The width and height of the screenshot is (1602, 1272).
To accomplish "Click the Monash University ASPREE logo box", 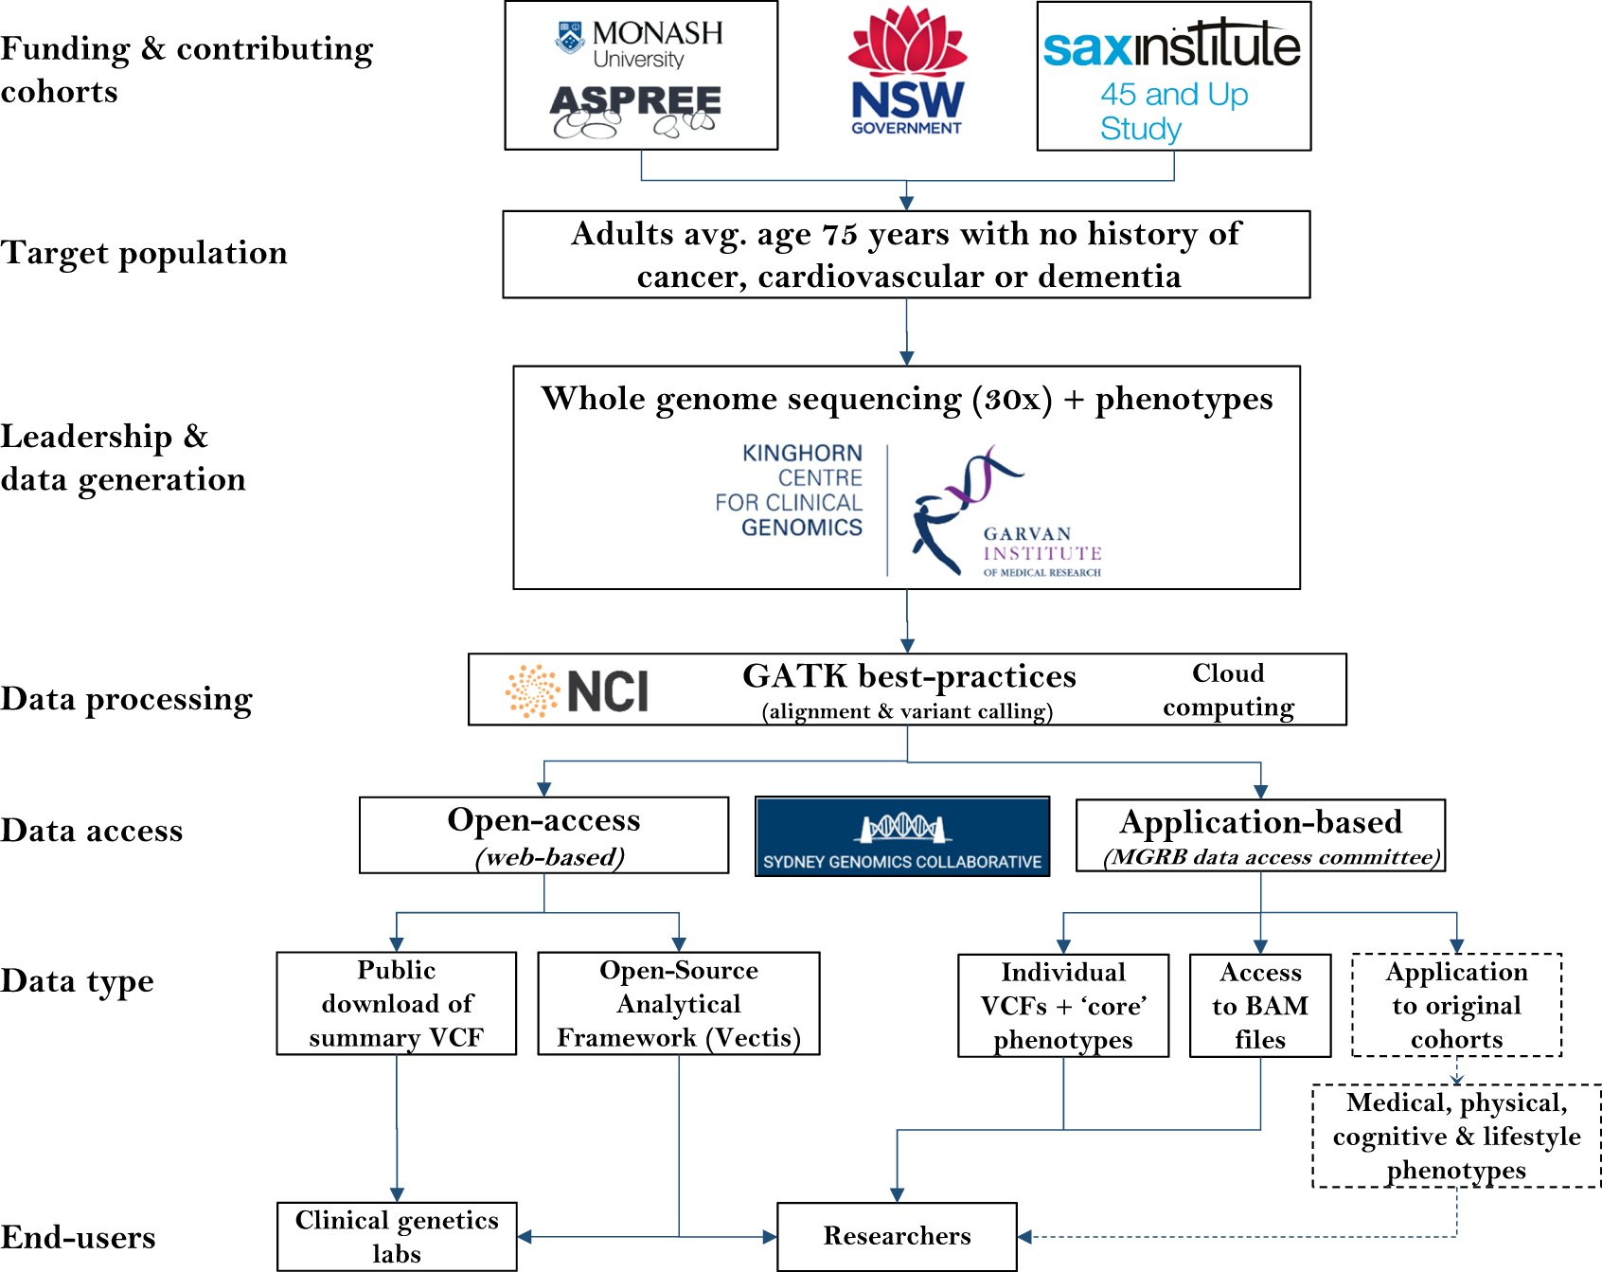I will coord(641,76).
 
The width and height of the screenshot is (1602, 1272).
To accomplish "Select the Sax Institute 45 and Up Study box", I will coord(1173,76).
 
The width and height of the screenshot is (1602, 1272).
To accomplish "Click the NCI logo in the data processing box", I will coord(578,690).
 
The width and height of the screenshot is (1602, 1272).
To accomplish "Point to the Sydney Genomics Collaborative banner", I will coord(902,836).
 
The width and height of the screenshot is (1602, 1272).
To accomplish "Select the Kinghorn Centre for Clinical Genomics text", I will coord(791,491).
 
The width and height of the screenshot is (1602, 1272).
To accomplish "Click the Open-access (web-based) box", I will coord(543,834).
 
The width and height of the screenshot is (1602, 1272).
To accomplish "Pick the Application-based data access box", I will coord(1260,835).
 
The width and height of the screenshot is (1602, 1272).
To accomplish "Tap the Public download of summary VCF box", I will coord(396,1003).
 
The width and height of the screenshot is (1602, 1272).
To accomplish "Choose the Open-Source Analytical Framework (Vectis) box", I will coord(678,1003).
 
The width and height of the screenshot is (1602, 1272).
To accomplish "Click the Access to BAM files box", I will coord(1260,1005).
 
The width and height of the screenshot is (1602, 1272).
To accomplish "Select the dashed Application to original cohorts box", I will coord(1456,1005).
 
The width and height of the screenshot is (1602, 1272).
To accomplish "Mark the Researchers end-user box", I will coord(897,1236).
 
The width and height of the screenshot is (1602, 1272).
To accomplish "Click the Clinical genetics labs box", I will coord(397,1236).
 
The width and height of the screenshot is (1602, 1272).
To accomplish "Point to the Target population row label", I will coord(144,253).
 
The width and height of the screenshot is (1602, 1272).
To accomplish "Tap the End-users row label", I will coord(78,1237).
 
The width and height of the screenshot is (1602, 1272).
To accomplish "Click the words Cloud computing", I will coord(1228,690).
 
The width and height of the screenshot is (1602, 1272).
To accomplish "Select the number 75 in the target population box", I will coord(839,234).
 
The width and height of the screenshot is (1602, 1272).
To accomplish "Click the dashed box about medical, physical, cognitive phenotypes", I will coord(1456,1136).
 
